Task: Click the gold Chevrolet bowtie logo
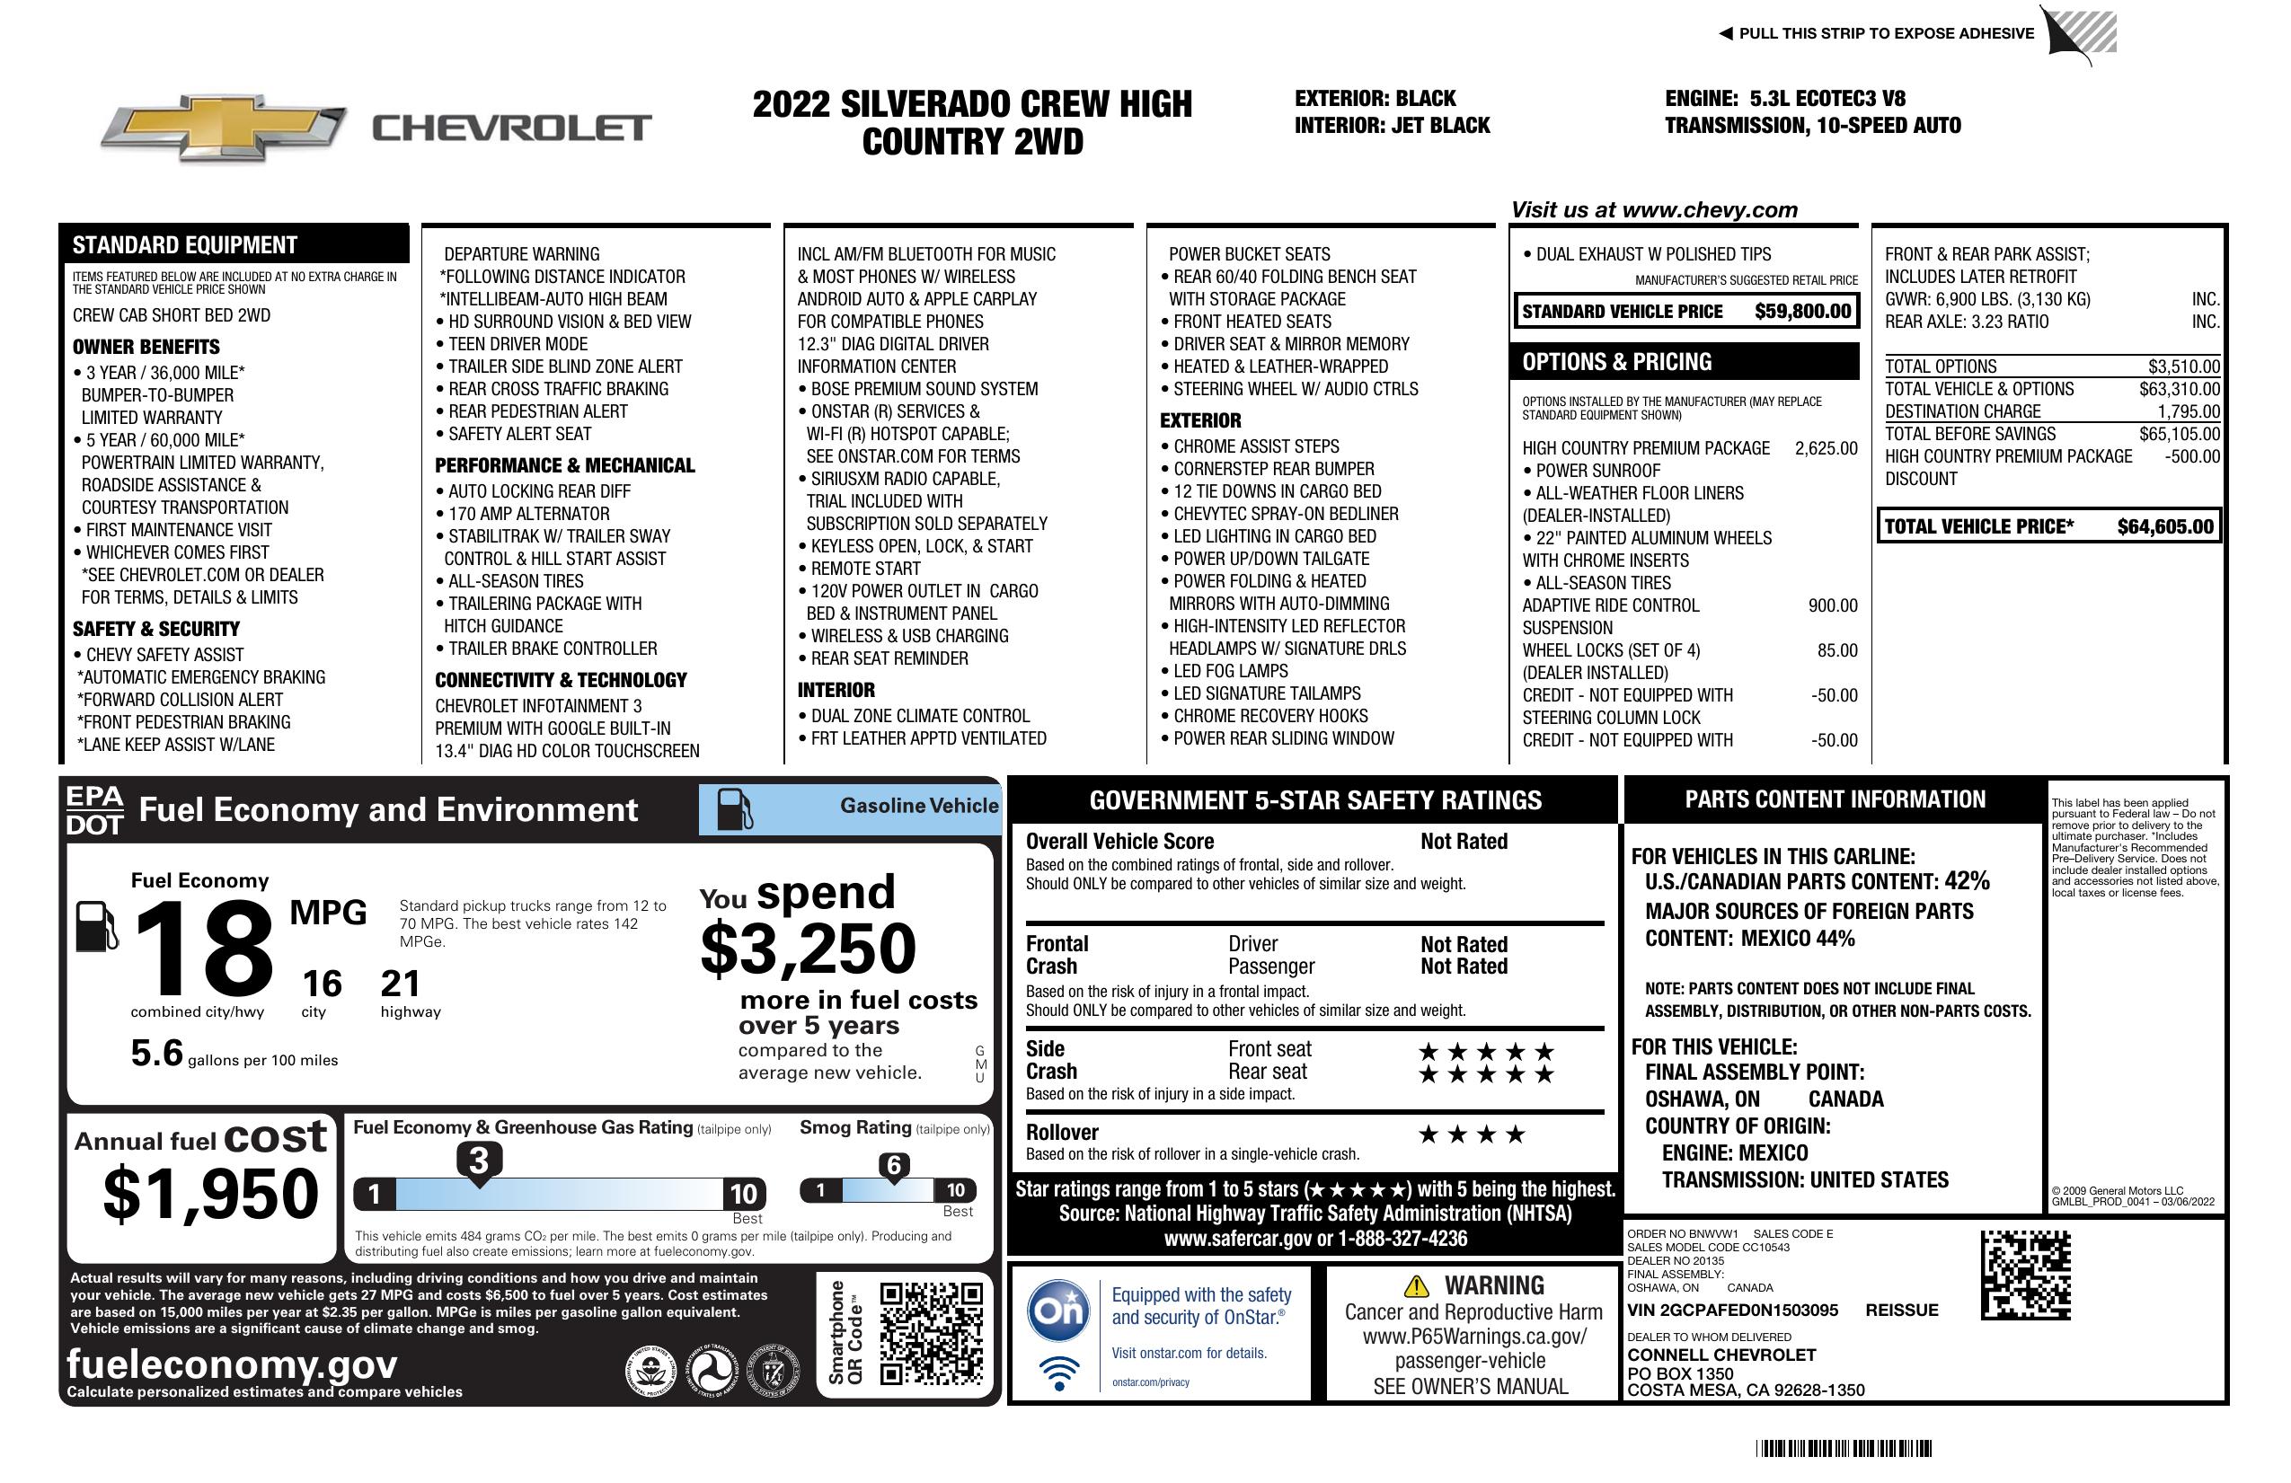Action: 224,128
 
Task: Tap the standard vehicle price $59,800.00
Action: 1802,311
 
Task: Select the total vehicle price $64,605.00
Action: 2165,526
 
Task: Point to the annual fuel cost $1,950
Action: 211,1194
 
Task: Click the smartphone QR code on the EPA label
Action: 931,1333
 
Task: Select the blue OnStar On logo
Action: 1058,1310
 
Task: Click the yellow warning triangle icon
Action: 1416,1285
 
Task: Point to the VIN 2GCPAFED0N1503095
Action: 1732,1310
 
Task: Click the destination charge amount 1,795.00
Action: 2188,410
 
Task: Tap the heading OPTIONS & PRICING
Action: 1616,362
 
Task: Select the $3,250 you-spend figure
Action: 808,949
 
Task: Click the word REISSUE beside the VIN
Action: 1901,1310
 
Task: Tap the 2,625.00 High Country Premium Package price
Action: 1825,448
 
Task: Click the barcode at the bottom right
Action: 1844,1448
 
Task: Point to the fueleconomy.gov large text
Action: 232,1364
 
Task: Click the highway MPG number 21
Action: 400,984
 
